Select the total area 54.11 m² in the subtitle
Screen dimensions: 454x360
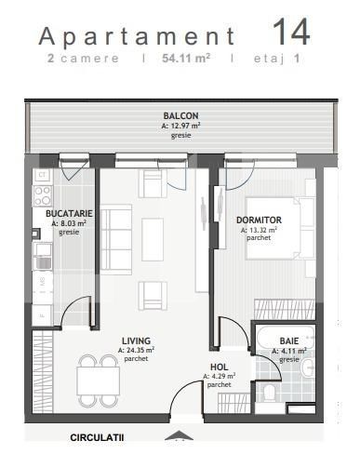pyautogui.click(x=187, y=59)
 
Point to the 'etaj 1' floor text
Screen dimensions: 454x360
pyautogui.click(x=284, y=59)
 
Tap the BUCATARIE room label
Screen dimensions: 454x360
pyautogui.click(x=68, y=214)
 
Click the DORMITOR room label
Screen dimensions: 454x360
pyautogui.click(x=259, y=220)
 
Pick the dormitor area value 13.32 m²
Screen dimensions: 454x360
pyautogui.click(x=259, y=230)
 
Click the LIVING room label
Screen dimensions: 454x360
pyautogui.click(x=136, y=340)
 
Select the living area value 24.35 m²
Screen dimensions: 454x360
pyautogui.click(x=136, y=350)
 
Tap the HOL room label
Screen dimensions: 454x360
pyautogui.click(x=220, y=367)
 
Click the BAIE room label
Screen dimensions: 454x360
pyautogui.click(x=289, y=341)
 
